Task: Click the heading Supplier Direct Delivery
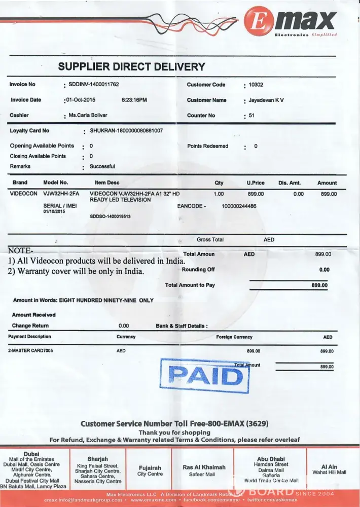131,66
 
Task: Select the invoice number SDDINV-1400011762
94,85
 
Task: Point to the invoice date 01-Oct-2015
82,100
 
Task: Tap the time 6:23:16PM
134,100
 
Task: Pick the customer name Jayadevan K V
266,100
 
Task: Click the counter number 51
251,116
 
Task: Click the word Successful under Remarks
102,166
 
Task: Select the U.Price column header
256,183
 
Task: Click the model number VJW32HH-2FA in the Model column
61,194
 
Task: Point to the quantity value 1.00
219,194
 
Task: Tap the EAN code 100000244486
239,206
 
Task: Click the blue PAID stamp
205,376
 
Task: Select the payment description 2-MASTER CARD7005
30,350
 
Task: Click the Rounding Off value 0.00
325,270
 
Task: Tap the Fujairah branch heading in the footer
150,467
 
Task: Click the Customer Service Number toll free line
174,423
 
